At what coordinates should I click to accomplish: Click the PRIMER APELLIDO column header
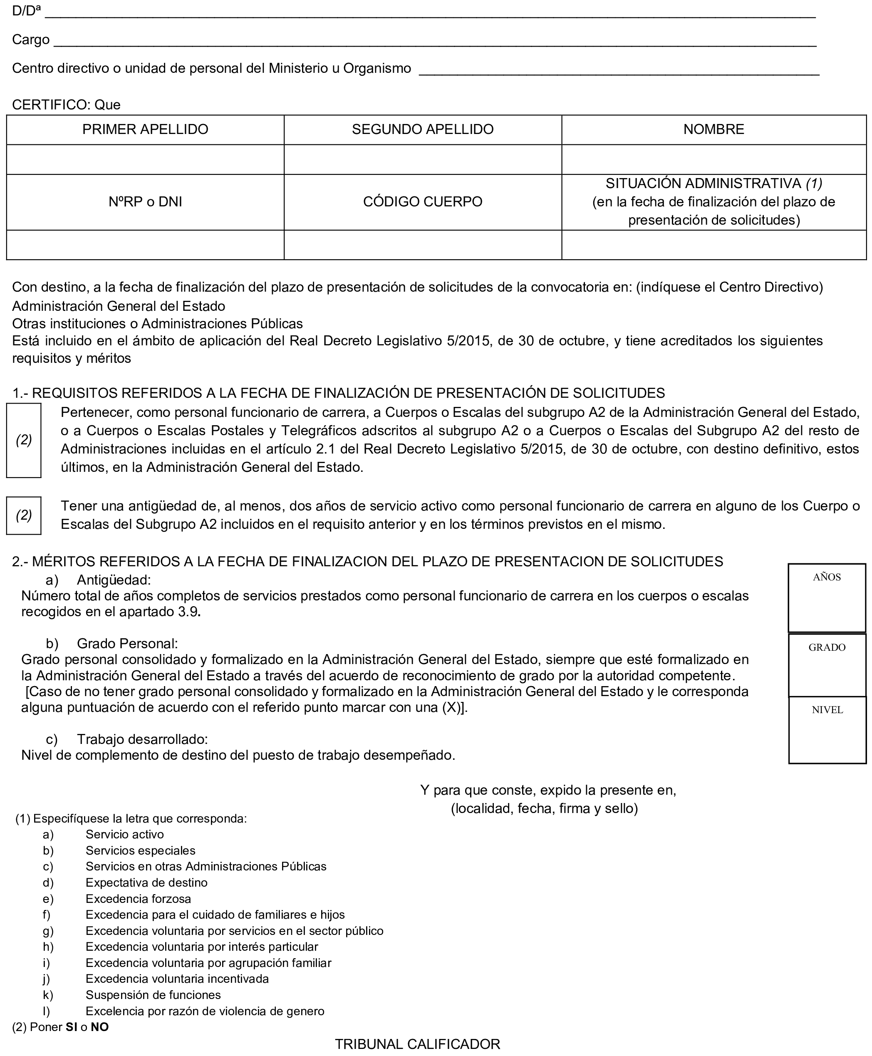tap(145, 130)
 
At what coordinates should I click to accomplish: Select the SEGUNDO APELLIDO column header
tap(422, 130)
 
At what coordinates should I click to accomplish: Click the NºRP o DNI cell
tap(145, 202)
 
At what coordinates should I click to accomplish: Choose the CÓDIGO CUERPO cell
tap(422, 202)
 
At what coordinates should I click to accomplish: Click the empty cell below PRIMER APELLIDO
tap(145, 160)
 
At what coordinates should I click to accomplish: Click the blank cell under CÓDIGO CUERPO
tap(422, 245)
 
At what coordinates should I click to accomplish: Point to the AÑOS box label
tap(827, 577)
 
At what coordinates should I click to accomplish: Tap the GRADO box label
tap(827, 647)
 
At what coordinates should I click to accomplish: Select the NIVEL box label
tap(827, 710)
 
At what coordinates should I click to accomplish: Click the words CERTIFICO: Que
tap(66, 105)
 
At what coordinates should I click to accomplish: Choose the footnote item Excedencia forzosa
tap(138, 899)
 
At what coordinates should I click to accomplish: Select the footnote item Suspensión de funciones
tap(153, 995)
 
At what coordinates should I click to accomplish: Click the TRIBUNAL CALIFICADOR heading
tap(417, 1044)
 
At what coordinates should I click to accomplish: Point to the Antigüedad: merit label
tap(114, 580)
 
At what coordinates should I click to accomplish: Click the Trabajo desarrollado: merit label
tap(142, 739)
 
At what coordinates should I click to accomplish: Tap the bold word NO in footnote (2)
tap(99, 1027)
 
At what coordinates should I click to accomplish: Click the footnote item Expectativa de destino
tap(146, 882)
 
